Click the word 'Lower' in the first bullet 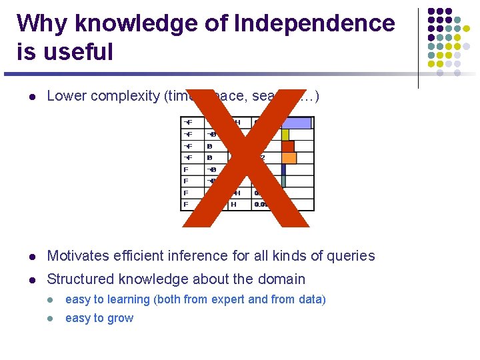pos(67,96)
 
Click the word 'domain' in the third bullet pos(281,279)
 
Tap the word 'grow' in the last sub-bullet pos(120,319)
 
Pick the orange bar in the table pos(289,158)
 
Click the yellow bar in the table pos(285,135)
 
